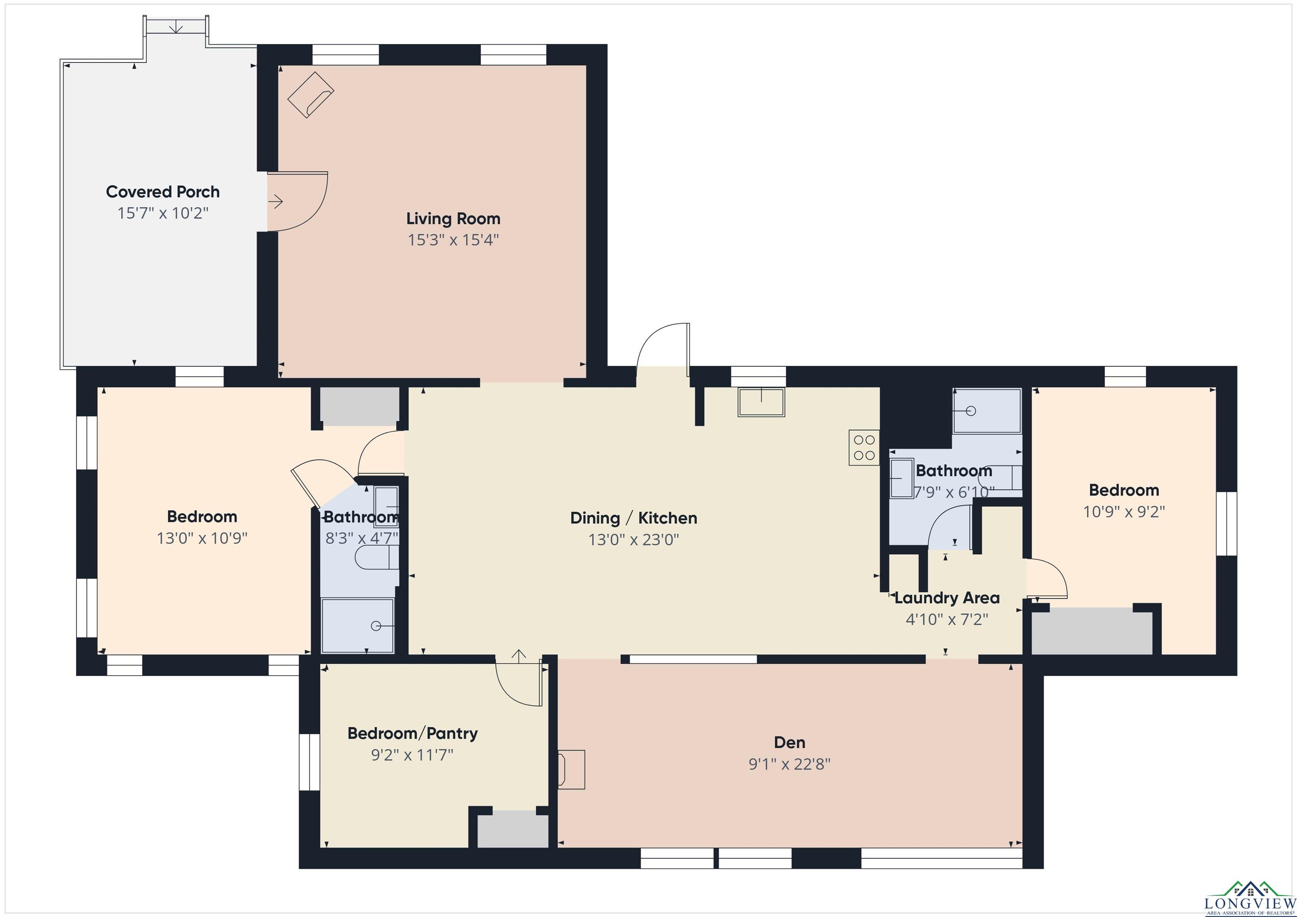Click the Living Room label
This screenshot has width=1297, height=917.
[x=453, y=219]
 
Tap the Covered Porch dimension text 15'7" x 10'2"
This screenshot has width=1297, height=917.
[x=163, y=214]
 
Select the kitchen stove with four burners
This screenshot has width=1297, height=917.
[x=864, y=448]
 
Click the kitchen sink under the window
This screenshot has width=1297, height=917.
[x=761, y=402]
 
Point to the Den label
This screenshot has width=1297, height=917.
[x=789, y=743]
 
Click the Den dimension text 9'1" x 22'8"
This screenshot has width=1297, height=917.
[x=789, y=764]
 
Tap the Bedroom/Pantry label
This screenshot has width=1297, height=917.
[x=412, y=733]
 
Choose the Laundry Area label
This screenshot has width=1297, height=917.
[x=947, y=598]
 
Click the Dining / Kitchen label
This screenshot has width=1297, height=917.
[x=633, y=518]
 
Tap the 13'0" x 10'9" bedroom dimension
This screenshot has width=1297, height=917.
[x=202, y=538]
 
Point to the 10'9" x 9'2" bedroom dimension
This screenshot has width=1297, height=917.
[x=1123, y=511]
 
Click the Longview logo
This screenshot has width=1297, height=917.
[x=1250, y=898]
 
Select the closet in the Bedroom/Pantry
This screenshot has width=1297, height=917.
[x=513, y=829]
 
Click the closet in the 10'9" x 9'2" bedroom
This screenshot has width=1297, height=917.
[x=1092, y=631]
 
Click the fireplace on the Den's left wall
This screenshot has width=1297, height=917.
[x=571, y=768]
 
